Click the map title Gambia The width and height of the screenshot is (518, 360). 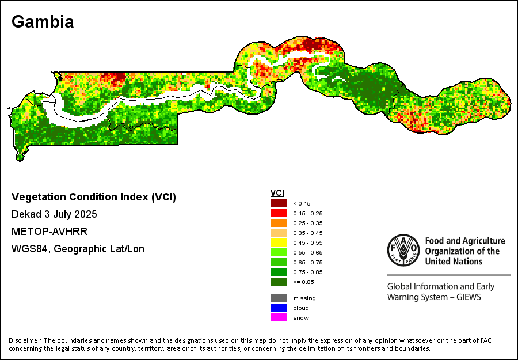pyautogui.click(x=43, y=22)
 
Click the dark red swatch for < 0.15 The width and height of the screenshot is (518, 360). pyautogui.click(x=279, y=203)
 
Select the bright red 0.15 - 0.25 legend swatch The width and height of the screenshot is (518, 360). pyautogui.click(x=279, y=213)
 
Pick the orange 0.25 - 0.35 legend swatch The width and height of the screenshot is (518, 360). pyautogui.click(x=279, y=223)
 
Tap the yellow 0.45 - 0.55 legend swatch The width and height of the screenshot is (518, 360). pyautogui.click(x=279, y=242)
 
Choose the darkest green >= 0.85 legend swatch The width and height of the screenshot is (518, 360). pyautogui.click(x=279, y=282)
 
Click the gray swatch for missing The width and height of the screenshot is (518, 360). pyautogui.click(x=279, y=298)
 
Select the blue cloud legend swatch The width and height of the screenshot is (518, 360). pyautogui.click(x=279, y=308)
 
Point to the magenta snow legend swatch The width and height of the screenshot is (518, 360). pyautogui.click(x=279, y=317)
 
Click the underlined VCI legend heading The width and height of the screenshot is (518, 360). pyautogui.click(x=277, y=193)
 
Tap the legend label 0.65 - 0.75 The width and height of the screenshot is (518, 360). pyautogui.click(x=308, y=262)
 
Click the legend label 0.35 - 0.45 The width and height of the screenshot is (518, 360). pyautogui.click(x=308, y=233)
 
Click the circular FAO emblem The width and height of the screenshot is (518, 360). pyautogui.click(x=403, y=249)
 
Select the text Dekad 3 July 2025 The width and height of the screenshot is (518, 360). pyautogui.click(x=54, y=214)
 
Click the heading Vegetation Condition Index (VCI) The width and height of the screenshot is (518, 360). pyautogui.click(x=94, y=197)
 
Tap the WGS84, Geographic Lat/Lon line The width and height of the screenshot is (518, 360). pyautogui.click(x=78, y=249)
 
